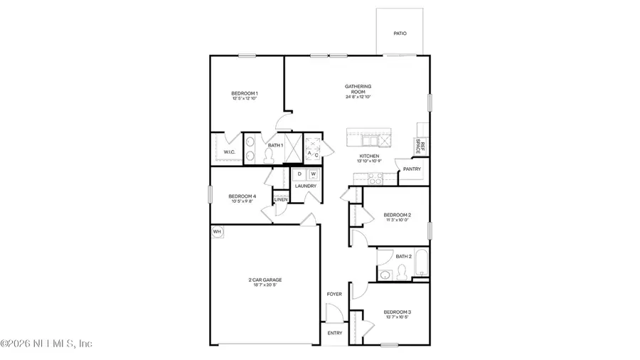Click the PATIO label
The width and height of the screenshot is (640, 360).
point(400,33)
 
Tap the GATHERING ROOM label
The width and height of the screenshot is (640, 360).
point(358,87)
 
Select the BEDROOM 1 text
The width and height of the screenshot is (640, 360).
point(244,93)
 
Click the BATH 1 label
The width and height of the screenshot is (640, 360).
point(275,145)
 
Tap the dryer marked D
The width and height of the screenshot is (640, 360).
point(299,174)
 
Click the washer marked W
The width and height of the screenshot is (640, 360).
point(313,174)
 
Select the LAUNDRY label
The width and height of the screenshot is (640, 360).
point(306,186)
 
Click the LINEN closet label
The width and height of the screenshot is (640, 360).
point(281,199)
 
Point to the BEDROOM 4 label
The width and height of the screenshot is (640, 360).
point(241,196)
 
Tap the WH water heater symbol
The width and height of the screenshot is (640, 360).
point(216,231)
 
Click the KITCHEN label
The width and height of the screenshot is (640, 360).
point(369,156)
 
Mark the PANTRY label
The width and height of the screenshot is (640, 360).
point(412,169)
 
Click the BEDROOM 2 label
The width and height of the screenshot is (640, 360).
point(397,215)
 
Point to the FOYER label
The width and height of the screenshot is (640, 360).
point(334,294)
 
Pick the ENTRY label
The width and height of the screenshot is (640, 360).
point(334,333)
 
